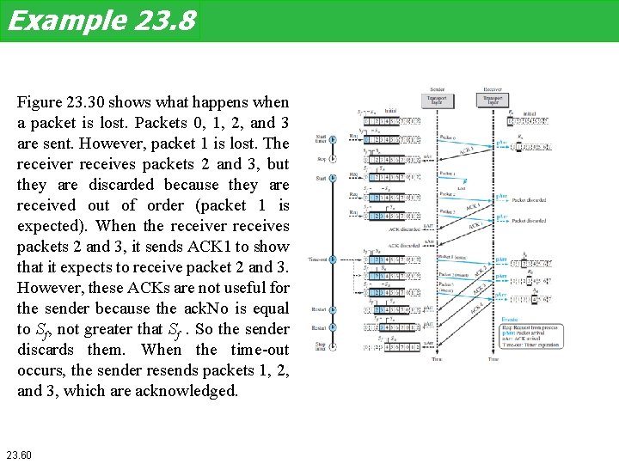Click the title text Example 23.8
click(101, 21)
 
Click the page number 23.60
click(19, 453)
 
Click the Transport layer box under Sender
click(437, 100)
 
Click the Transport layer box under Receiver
click(493, 100)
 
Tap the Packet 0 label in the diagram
click(448, 137)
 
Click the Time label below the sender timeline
click(437, 358)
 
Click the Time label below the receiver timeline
click(493, 358)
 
